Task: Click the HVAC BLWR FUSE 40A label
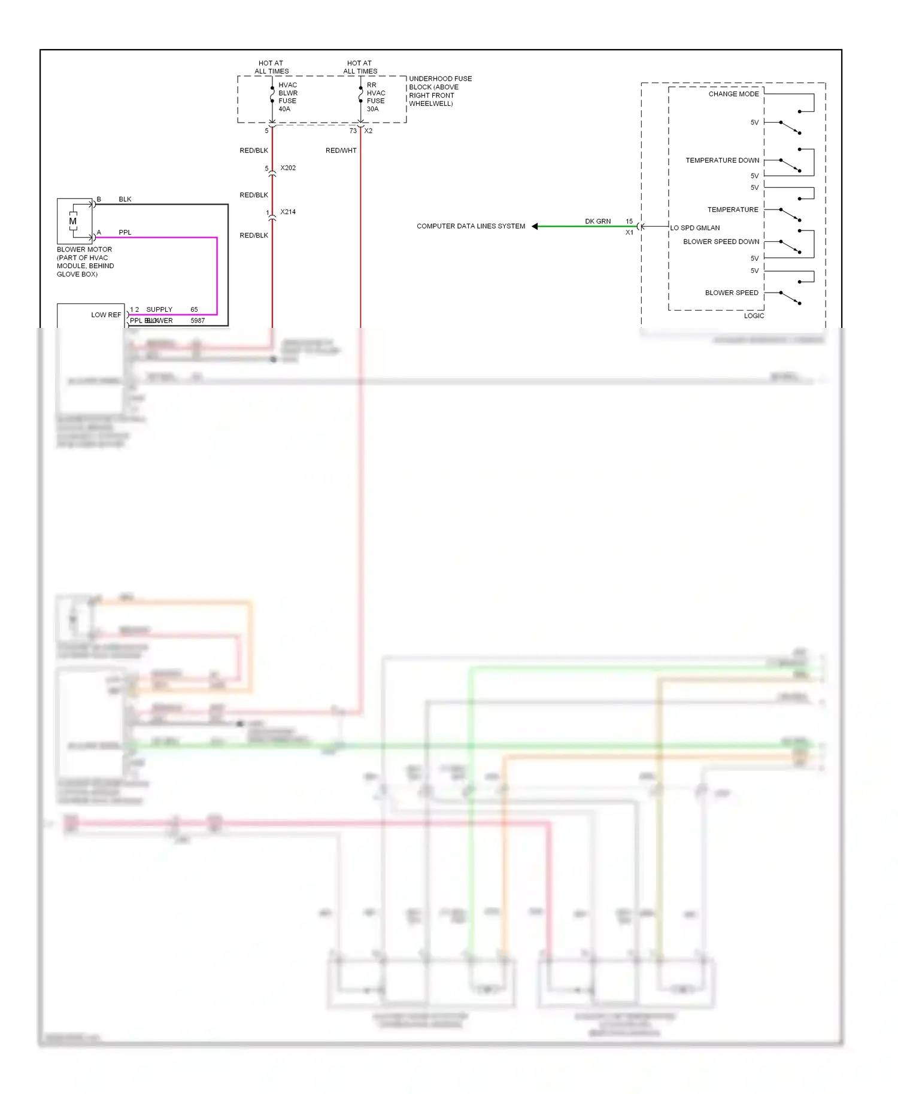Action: pos(287,97)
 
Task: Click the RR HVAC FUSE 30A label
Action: pos(375,97)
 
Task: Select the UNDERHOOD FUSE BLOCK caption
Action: pos(440,91)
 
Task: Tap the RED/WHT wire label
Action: pos(341,151)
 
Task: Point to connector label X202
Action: pos(288,168)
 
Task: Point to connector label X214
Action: pos(288,212)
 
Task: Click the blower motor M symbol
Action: pos(73,221)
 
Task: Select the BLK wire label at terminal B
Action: pos(125,199)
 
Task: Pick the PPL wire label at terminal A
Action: pos(125,232)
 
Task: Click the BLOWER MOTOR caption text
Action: pos(85,262)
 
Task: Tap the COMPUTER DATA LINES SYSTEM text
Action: pos(471,226)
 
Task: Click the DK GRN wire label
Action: pos(597,221)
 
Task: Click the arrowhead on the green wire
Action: pos(535,226)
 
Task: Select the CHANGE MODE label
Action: pos(733,94)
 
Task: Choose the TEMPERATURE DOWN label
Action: pos(722,160)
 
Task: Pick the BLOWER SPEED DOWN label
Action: pos(721,242)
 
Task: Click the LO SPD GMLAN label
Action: pos(695,228)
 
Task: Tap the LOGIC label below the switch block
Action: pos(754,316)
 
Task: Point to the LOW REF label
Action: pos(106,315)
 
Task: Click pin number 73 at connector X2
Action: pos(353,131)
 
